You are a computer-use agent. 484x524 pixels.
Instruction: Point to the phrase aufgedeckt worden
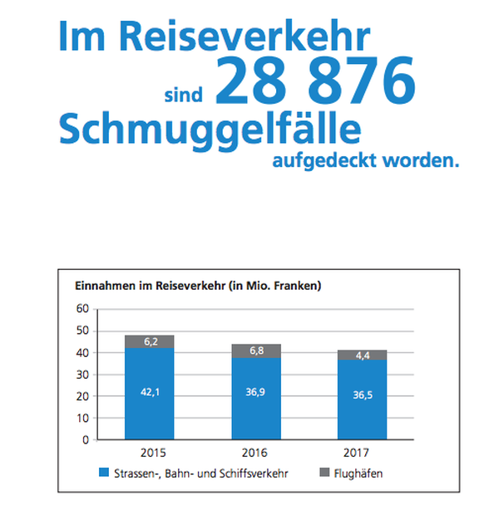pos(365,159)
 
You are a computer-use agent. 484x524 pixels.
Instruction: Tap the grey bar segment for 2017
pos(363,355)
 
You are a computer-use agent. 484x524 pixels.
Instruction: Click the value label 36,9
pos(256,392)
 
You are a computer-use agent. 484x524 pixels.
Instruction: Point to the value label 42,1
pos(149,392)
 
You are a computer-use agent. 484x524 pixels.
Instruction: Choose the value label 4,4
pos(363,355)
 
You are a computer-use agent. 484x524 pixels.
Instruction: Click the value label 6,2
pos(149,341)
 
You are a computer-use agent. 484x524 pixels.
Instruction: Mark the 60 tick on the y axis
pos(81,308)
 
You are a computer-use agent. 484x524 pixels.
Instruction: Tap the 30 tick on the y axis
pos(81,374)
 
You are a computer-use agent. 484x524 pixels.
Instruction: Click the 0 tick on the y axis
pos(85,440)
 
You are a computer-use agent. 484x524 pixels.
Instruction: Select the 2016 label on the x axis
pos(256,453)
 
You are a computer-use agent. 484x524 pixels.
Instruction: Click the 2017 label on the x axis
pos(363,453)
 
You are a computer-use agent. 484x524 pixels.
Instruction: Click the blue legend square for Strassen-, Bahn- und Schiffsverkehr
pos(104,473)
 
